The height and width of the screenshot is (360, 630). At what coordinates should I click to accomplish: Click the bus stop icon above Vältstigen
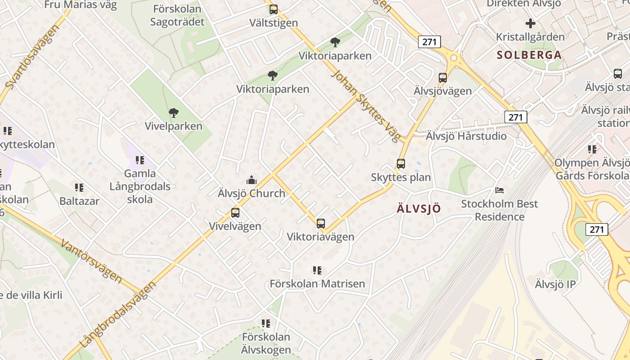tap(273, 9)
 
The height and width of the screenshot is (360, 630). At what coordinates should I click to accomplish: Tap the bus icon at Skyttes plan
tap(401, 164)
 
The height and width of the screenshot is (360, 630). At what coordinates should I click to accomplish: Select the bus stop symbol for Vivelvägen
tap(235, 213)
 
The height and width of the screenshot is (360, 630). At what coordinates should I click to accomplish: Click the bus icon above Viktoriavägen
tap(320, 223)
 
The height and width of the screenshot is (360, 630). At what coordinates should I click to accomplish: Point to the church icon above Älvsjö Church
tap(252, 180)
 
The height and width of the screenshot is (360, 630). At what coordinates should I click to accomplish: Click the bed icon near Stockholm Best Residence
tap(499, 190)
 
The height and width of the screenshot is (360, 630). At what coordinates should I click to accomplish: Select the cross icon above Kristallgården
tap(531, 23)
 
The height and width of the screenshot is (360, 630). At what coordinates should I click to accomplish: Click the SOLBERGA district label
tap(529, 55)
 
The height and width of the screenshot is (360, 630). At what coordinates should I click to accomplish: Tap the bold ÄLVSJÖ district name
tap(419, 209)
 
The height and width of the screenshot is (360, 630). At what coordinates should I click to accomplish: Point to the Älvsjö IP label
tap(555, 284)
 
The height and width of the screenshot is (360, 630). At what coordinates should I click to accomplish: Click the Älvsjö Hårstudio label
tap(466, 136)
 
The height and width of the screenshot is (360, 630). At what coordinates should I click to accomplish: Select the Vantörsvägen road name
tap(91, 261)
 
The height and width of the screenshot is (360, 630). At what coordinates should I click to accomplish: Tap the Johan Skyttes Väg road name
tap(365, 105)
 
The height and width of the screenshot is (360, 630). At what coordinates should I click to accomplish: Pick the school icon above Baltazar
tap(79, 188)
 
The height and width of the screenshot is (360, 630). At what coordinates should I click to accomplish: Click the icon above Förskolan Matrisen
tap(317, 270)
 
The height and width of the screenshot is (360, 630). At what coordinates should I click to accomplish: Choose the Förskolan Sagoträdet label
tap(179, 15)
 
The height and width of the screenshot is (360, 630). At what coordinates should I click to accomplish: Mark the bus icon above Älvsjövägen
tap(443, 78)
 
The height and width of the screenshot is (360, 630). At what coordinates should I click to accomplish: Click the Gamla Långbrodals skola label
tap(140, 186)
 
